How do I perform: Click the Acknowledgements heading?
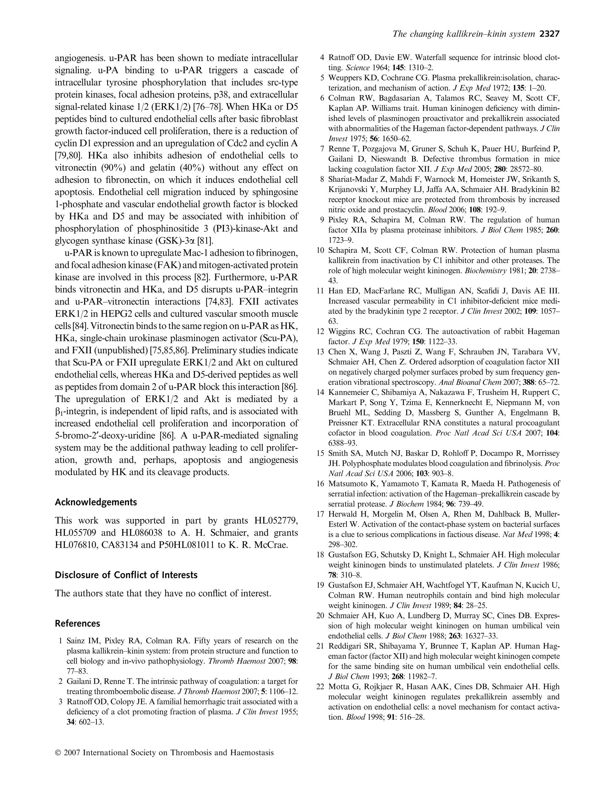(x=96, y=502)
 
